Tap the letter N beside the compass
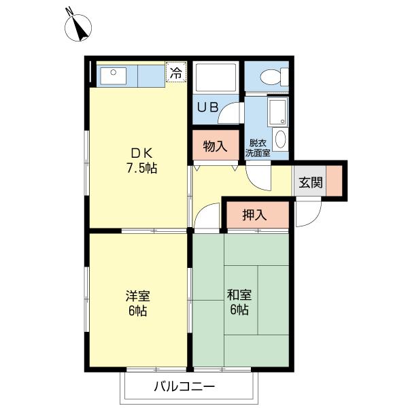69,11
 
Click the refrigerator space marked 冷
176,72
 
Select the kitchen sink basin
114,75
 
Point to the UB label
207,107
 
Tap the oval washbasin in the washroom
280,139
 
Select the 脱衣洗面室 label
258,148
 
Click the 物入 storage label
215,146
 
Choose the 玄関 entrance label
311,182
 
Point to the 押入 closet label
254,215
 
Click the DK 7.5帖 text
142,160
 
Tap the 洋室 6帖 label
137,303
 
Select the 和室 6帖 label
239,302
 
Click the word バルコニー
184,386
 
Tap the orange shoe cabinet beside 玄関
334,181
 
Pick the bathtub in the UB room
216,77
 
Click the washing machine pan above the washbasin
278,112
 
